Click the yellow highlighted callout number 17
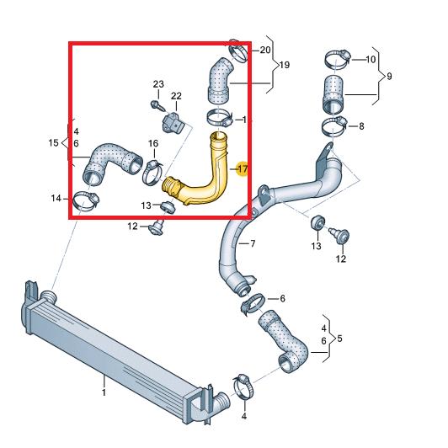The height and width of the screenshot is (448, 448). point(243,169)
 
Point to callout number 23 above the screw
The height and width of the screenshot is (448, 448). point(158,84)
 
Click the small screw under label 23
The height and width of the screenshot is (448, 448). point(157,105)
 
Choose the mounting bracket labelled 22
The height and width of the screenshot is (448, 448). point(173,123)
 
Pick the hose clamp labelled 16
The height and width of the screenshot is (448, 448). point(152,173)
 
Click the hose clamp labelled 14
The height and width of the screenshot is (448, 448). point(86,201)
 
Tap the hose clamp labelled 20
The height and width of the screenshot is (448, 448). point(238,50)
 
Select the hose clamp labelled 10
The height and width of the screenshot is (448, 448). point(338,59)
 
